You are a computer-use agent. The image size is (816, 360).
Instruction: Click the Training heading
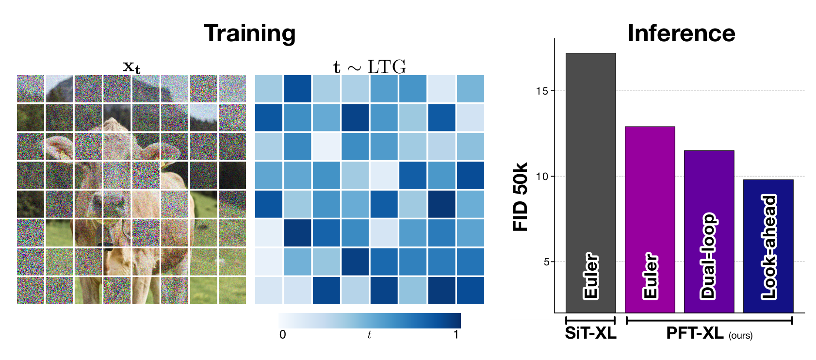tap(249, 33)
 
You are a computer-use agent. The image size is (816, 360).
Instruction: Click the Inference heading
tap(681, 33)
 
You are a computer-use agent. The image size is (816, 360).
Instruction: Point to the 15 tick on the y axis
tap(542, 91)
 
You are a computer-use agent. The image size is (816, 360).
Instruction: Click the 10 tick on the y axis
tap(542, 177)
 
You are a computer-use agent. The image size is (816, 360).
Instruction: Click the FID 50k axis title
tap(521, 197)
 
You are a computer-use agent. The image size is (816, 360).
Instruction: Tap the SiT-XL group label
tap(590, 333)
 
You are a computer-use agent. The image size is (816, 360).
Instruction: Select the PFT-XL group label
tap(695, 333)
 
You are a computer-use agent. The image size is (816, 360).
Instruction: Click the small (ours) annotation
tap(740, 336)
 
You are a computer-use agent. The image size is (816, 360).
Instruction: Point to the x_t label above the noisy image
tap(131, 66)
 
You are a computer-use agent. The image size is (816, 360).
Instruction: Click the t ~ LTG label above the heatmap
tap(369, 67)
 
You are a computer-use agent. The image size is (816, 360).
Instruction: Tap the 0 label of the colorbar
tap(283, 335)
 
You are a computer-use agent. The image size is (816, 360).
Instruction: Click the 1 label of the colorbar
tap(456, 335)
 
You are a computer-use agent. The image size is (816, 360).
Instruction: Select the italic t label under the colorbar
tap(369, 335)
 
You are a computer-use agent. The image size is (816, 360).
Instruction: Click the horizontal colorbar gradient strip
tap(369, 321)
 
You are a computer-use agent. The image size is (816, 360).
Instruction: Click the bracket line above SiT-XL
tap(590, 320)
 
